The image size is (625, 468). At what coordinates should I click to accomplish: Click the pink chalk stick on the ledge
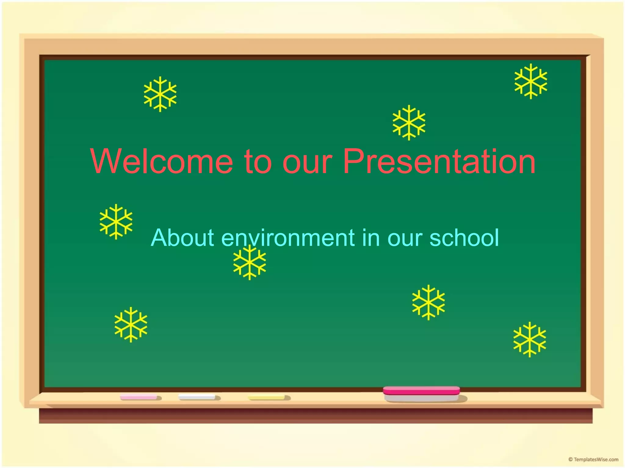coord(139,397)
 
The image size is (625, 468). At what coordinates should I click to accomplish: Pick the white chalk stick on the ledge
coord(197,397)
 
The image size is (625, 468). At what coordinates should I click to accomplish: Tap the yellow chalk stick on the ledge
coord(266,397)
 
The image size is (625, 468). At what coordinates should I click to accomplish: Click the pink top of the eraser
coord(421,390)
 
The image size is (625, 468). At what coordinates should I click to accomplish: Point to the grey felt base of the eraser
coord(421,398)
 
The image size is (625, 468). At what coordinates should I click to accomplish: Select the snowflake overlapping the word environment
coord(250,262)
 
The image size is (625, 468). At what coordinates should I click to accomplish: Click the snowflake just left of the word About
coord(116,222)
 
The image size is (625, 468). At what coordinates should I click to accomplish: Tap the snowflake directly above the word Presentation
coord(409,122)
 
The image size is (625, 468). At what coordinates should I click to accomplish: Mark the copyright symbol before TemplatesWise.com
coord(570,459)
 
